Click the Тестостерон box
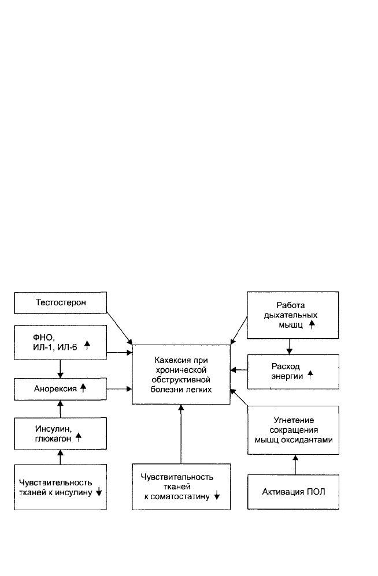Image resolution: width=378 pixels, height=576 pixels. point(60,302)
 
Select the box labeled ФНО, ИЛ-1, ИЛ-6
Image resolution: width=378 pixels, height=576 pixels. point(60,342)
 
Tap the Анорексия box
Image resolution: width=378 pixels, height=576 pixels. point(60,389)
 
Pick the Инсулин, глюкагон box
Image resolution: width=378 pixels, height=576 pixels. point(60,433)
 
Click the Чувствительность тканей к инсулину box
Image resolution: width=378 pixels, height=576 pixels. point(60,487)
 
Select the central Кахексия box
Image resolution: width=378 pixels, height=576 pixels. point(181,375)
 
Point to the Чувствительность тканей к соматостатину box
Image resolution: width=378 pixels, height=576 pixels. point(181,487)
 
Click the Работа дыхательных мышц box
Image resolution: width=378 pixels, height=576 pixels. point(292,315)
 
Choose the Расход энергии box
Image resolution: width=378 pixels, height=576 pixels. point(293,372)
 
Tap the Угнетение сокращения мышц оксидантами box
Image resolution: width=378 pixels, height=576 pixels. point(293,430)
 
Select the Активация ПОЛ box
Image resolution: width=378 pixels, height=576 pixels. point(293,492)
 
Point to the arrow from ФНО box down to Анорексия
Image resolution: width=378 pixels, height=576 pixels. point(60,369)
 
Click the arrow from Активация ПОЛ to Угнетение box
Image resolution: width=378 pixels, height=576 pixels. point(295,465)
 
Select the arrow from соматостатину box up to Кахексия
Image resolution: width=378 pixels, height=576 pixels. point(181,434)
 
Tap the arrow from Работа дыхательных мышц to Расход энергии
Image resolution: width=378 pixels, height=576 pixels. point(290,346)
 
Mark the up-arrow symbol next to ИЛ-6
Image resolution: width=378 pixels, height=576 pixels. point(87,345)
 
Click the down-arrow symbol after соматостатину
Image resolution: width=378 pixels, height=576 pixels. point(217,496)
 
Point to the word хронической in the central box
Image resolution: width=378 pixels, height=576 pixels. point(181,370)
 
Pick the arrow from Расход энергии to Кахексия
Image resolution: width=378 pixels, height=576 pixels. point(239,370)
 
